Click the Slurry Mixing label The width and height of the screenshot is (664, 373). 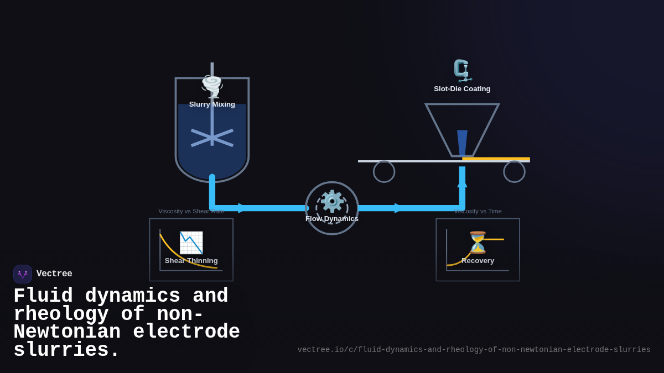tap(212, 104)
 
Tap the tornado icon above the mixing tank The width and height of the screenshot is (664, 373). tap(212, 86)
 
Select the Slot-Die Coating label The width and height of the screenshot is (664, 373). tap(462, 89)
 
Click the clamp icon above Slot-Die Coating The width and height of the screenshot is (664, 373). tap(462, 71)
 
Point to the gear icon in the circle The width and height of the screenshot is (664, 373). tap(332, 201)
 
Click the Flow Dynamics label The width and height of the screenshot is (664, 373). tap(332, 219)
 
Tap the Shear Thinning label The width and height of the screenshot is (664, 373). tap(191, 261)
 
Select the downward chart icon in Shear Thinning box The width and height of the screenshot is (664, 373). tap(191, 243)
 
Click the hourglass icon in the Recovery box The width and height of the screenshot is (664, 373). tap(478, 243)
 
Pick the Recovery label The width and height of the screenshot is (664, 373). tap(478, 261)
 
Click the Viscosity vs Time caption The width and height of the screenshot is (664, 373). tap(478, 211)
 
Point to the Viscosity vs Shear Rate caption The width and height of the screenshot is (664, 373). tap(191, 211)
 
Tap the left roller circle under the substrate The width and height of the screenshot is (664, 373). tap(384, 172)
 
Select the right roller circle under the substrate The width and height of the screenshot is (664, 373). tap(514, 172)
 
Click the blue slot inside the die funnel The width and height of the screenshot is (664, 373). tap(462, 143)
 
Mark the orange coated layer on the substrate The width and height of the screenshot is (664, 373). tap(496, 159)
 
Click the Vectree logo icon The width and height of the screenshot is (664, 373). tap(23, 274)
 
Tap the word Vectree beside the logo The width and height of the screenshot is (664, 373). tap(54, 274)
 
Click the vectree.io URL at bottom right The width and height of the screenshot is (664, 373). tap(474, 350)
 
